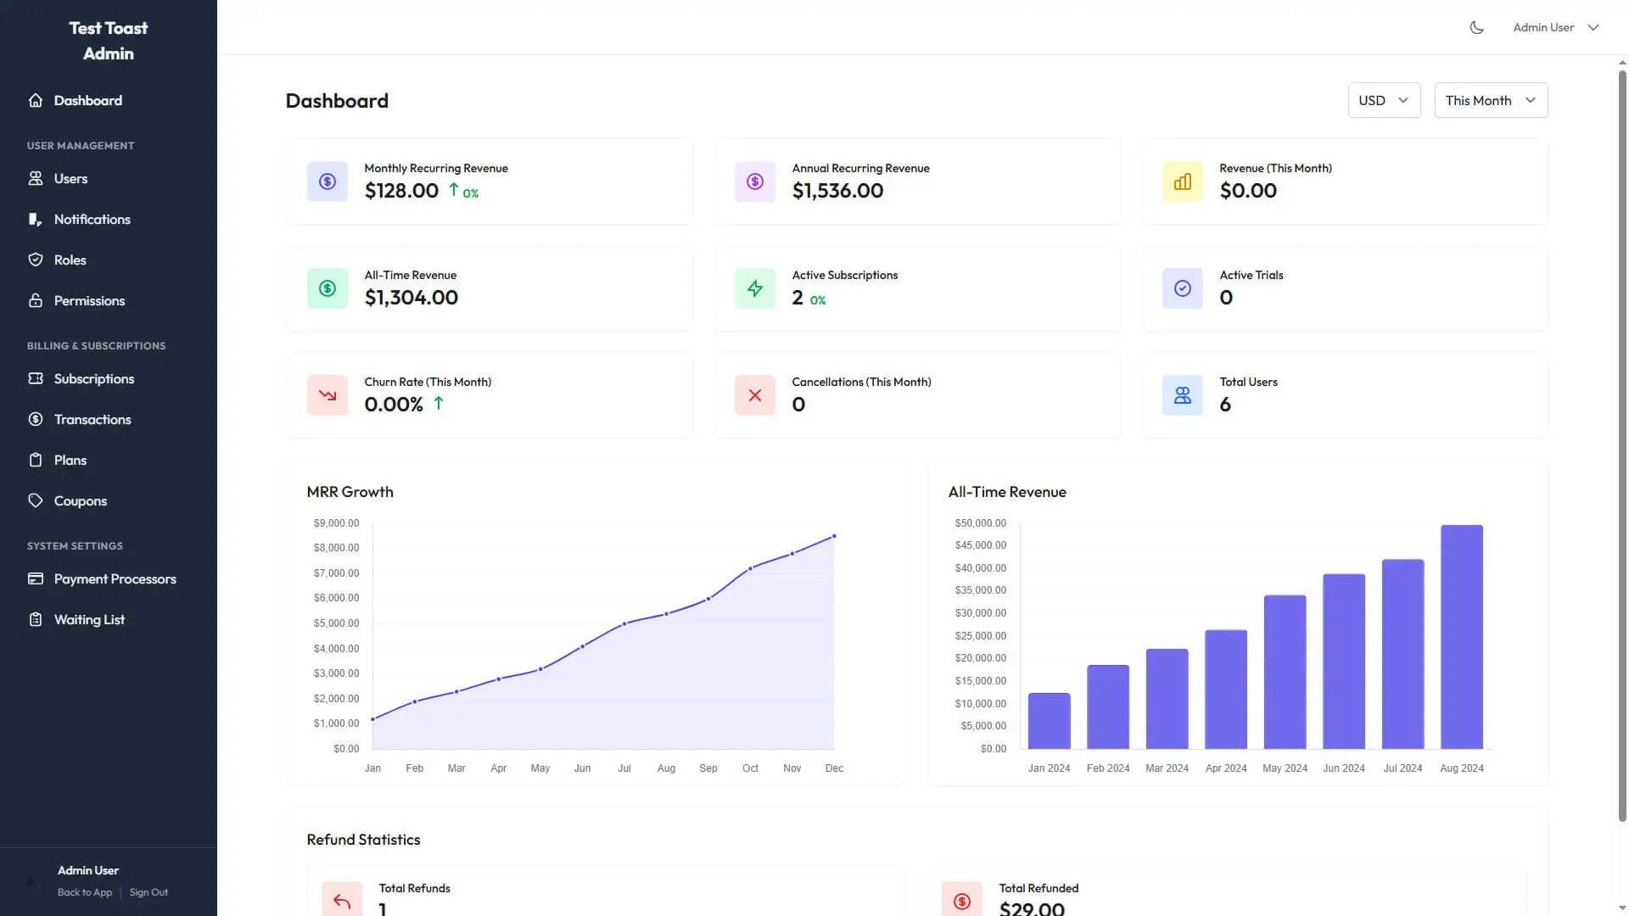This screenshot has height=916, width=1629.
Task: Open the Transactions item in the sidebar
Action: pos(92,419)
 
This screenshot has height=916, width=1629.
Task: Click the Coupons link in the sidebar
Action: pos(80,500)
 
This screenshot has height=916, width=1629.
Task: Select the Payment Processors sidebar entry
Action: pos(115,578)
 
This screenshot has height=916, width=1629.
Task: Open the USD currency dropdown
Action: pos(1383,100)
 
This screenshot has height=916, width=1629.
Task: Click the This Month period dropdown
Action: pos(1490,100)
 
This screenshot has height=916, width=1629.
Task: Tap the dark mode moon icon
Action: pos(1476,27)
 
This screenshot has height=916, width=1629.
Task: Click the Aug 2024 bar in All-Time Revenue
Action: pos(1461,636)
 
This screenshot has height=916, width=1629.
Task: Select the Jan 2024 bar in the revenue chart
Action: pos(1049,721)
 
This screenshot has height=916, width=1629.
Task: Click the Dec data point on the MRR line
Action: pos(834,536)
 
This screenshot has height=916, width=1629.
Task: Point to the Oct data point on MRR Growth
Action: pos(750,568)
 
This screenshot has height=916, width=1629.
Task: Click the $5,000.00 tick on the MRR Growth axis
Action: pos(336,623)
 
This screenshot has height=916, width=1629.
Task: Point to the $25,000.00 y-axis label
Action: pos(980,636)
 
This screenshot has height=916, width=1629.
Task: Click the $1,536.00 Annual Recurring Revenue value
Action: pos(837,191)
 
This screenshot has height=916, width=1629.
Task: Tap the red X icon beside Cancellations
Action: pos(754,395)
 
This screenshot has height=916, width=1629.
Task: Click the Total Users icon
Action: pos(1182,395)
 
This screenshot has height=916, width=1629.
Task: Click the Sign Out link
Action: pos(148,892)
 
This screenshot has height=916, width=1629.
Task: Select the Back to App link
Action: pos(85,892)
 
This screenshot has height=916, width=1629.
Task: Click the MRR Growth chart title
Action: pos(350,492)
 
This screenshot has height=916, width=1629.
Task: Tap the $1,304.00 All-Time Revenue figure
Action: pos(411,298)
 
